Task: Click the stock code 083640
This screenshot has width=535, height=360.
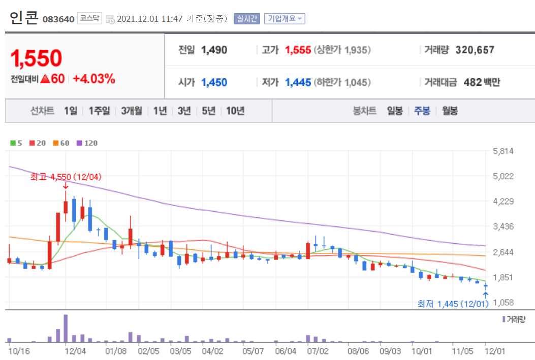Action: pos(59,19)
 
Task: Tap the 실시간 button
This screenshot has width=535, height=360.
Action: pos(247,19)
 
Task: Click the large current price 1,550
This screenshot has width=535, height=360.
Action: pos(36,58)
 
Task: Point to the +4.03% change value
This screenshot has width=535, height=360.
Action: pos(94,79)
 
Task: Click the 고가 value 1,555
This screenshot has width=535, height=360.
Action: pos(298,50)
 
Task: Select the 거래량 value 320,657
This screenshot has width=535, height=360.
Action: pos(475,50)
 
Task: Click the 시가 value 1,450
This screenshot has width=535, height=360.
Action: pos(214,82)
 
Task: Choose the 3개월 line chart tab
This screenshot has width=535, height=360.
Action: pos(132,111)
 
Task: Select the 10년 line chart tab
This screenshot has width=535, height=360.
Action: pos(235,111)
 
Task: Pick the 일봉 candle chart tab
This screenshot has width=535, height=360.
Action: pos(395,111)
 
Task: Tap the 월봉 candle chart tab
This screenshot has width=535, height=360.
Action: pos(450,111)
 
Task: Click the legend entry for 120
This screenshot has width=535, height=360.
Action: pos(88,143)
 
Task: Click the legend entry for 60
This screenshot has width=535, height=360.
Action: pos(61,143)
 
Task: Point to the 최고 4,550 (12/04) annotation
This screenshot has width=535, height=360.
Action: pos(66,177)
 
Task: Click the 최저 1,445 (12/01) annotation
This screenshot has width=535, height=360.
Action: pos(453,304)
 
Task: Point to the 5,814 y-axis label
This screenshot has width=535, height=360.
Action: pos(503,151)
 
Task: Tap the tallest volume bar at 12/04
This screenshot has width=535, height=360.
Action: pos(66,329)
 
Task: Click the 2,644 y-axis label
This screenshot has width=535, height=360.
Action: pos(503,252)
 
